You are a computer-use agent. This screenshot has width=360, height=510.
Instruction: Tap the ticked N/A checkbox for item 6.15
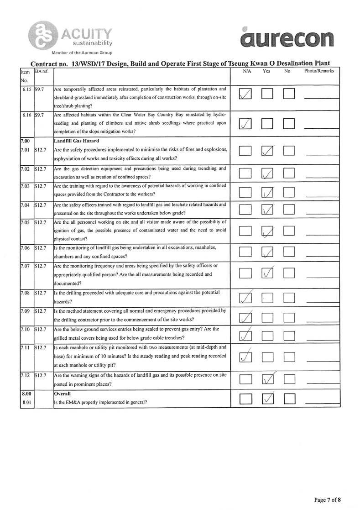click(x=245, y=95)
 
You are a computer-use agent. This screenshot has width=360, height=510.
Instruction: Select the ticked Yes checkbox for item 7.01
click(x=268, y=151)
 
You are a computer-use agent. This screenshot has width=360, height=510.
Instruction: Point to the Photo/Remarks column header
click(x=319, y=71)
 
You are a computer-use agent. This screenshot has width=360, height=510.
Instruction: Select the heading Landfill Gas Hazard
click(x=73, y=142)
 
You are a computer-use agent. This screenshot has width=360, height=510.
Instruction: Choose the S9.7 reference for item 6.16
click(x=39, y=115)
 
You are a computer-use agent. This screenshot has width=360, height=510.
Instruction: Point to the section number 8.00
click(x=27, y=393)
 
